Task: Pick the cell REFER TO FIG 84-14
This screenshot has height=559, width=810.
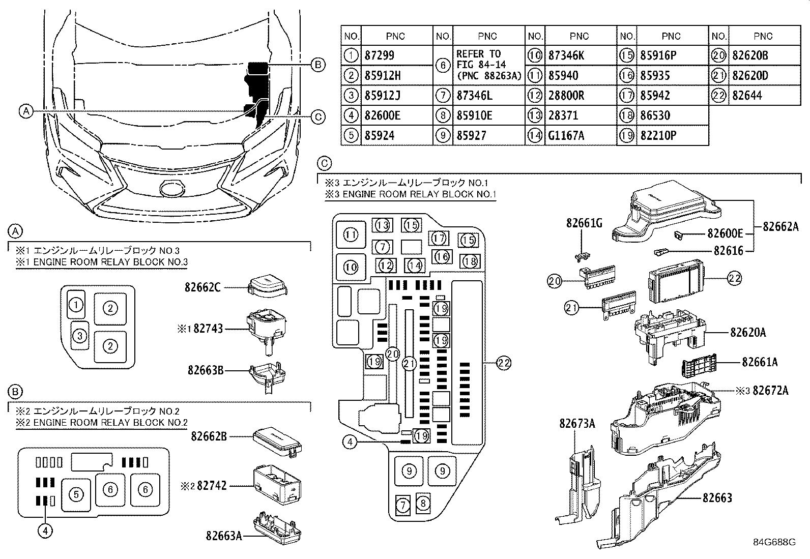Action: tap(488, 65)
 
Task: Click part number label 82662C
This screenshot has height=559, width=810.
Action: tap(202, 287)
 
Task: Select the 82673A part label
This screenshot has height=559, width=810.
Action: tap(576, 423)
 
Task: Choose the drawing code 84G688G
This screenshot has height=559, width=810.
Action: tap(774, 542)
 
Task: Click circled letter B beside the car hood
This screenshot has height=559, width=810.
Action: tap(317, 65)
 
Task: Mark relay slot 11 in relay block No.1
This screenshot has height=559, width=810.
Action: tap(351, 235)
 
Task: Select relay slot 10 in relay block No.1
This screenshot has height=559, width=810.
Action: tap(351, 267)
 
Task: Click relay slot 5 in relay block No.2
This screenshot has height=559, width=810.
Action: tap(76, 494)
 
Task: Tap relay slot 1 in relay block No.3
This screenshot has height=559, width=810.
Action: tap(76, 305)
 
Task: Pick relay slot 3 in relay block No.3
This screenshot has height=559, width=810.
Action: tap(79, 336)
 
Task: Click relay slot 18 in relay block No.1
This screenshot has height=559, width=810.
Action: tap(470, 261)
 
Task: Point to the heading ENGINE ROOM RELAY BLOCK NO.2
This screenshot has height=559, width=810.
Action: tap(102, 423)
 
